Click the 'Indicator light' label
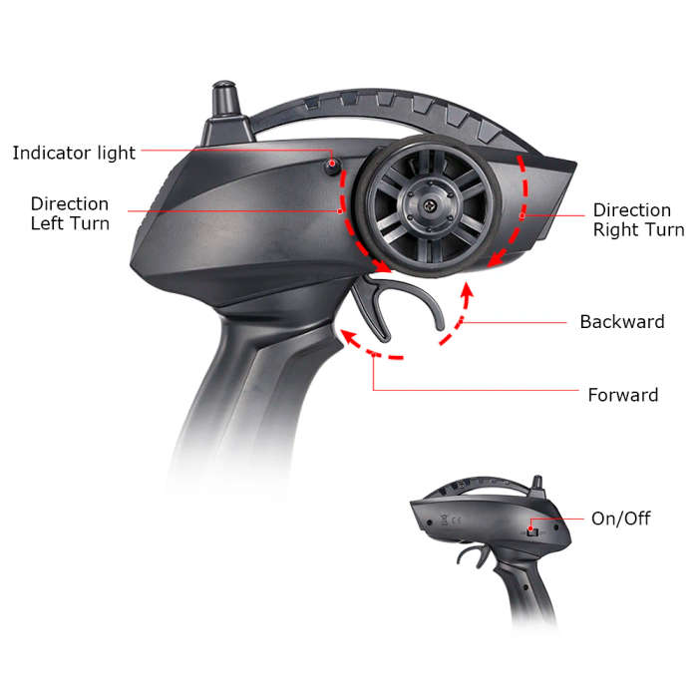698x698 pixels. point(74,154)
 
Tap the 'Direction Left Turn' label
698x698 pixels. point(70,213)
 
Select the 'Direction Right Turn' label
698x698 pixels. point(639,220)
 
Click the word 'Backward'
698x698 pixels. point(622,322)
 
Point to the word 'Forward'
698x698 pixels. point(623,395)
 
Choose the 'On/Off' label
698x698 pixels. point(620,519)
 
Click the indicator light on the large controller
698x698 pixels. point(332,166)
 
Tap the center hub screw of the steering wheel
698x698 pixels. point(429,205)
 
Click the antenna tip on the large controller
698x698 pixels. point(224,85)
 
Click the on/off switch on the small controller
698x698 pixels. point(531,531)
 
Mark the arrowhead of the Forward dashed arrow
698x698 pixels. point(348,336)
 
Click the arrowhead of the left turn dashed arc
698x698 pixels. point(383,266)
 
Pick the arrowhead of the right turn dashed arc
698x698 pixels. point(495,259)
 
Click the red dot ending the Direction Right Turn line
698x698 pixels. point(523,216)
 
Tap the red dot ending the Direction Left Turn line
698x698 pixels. point(340,211)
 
